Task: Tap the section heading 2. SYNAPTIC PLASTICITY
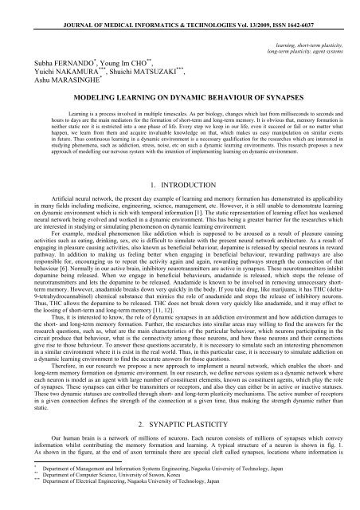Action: click(180, 428)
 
